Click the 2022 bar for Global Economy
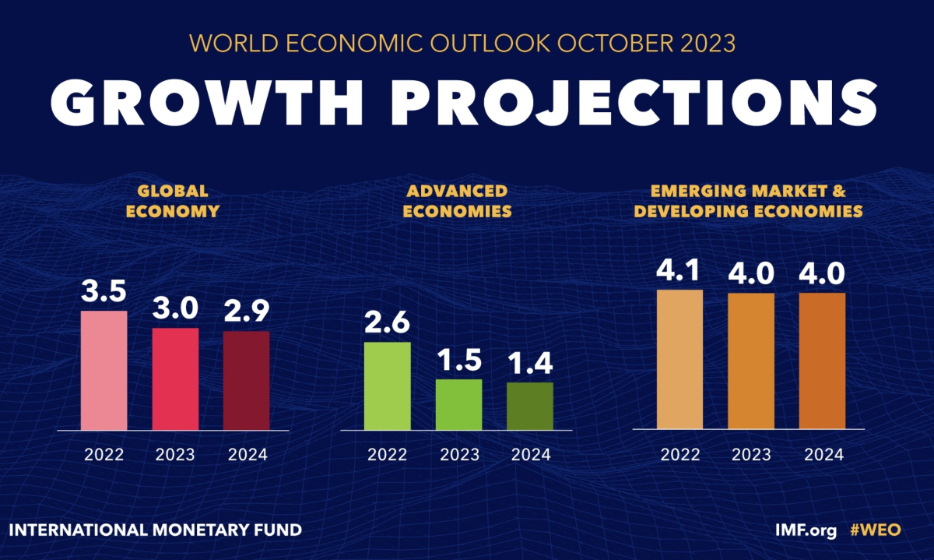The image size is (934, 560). pyautogui.click(x=104, y=370)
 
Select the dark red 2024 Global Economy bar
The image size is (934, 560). pyautogui.click(x=247, y=380)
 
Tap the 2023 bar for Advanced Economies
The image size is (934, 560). pyautogui.click(x=458, y=404)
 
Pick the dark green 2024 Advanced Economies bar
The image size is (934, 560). pyautogui.click(x=530, y=406)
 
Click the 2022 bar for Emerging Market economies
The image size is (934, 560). pyautogui.click(x=679, y=359)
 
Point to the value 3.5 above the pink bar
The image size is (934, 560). pyautogui.click(x=104, y=293)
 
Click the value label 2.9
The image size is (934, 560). pyautogui.click(x=247, y=312)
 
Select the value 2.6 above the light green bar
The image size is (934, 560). pyautogui.click(x=387, y=322)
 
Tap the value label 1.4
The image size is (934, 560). pyautogui.click(x=530, y=363)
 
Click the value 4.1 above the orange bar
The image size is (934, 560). pyautogui.click(x=679, y=271)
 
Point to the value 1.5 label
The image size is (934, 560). pyautogui.click(x=458, y=360)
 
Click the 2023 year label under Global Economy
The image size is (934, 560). pyautogui.click(x=175, y=455)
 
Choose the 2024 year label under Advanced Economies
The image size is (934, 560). pyautogui.click(x=530, y=455)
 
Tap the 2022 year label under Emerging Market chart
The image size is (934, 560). pyautogui.click(x=679, y=455)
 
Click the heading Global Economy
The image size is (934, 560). pyautogui.click(x=174, y=200)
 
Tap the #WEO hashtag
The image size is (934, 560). pyautogui.click(x=875, y=530)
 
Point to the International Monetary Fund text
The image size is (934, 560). pyautogui.click(x=155, y=530)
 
